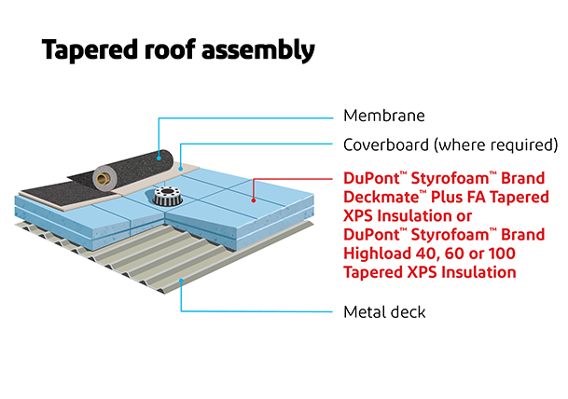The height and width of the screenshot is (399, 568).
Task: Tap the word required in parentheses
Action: [x=517, y=145]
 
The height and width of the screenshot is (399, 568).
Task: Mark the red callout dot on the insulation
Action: [x=253, y=198]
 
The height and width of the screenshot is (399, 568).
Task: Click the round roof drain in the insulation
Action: [x=169, y=198]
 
